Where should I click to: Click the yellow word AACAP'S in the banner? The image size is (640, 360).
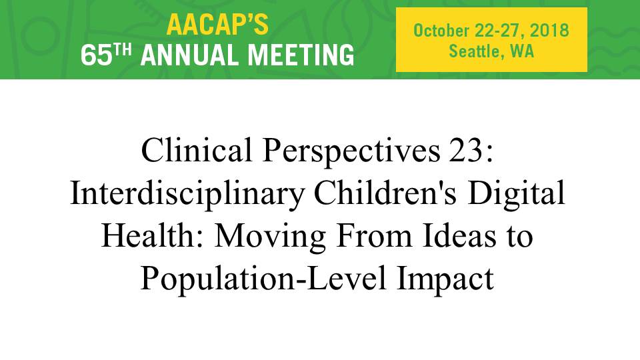tap(217, 25)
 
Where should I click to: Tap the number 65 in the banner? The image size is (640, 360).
tap(96, 55)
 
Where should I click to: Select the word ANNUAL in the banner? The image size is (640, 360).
tap(189, 55)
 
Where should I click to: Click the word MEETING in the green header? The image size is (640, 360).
tap(301, 55)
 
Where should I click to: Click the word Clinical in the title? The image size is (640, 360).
tap(196, 150)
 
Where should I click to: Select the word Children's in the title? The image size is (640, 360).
tap(385, 193)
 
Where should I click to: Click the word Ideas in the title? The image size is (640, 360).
tap(459, 236)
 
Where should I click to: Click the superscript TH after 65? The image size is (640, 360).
tap(123, 49)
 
